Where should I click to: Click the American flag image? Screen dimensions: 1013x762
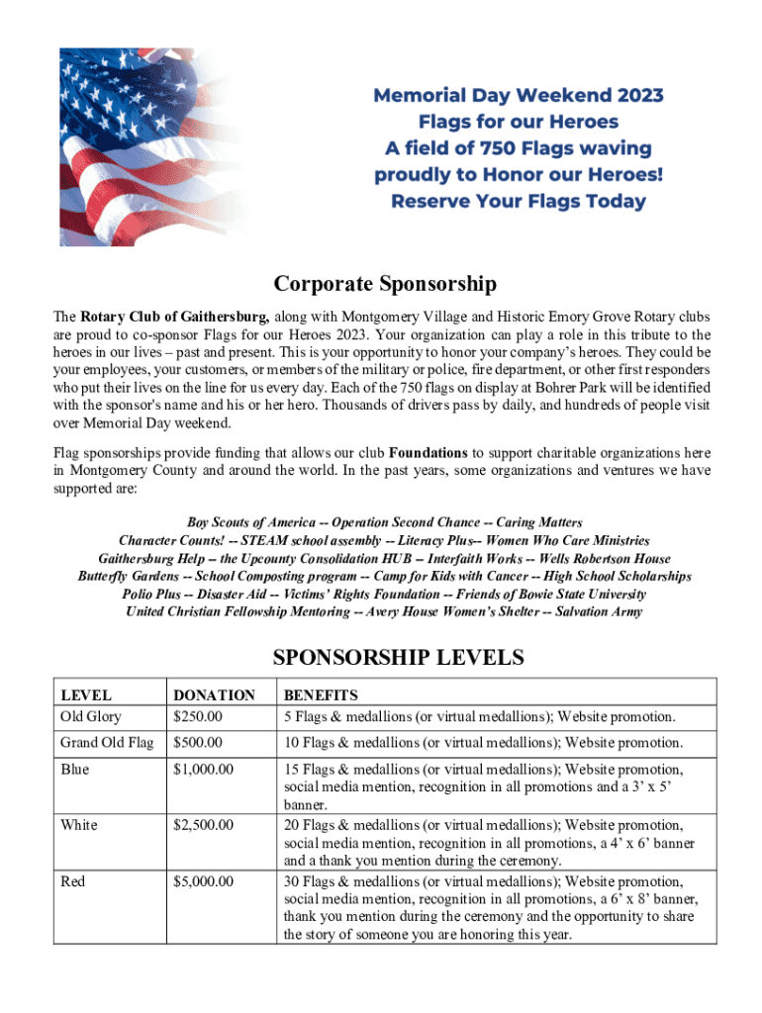pyautogui.click(x=158, y=148)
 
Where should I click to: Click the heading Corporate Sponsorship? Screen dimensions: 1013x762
pyautogui.click(x=385, y=285)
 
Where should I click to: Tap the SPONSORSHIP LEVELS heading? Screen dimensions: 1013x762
pyautogui.click(x=384, y=658)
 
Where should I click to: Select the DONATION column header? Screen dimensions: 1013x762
pyautogui.click(x=214, y=695)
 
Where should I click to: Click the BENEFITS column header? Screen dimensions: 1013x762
pyautogui.click(x=321, y=695)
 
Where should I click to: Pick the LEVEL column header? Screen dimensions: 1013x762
pyautogui.click(x=86, y=695)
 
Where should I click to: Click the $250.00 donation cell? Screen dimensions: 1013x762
pyautogui.click(x=198, y=716)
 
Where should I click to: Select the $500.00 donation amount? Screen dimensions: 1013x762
pyautogui.click(x=198, y=743)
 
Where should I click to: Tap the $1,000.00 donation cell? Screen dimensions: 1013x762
pyautogui.click(x=203, y=769)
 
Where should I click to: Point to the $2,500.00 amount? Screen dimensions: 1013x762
pyautogui.click(x=203, y=825)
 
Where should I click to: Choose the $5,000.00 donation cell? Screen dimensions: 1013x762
pyautogui.click(x=203, y=881)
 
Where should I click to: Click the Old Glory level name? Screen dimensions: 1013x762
pyautogui.click(x=91, y=716)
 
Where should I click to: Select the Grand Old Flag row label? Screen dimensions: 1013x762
pyautogui.click(x=107, y=743)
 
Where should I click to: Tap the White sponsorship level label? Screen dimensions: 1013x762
pyautogui.click(x=79, y=825)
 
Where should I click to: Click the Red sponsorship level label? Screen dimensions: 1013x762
pyautogui.click(x=73, y=881)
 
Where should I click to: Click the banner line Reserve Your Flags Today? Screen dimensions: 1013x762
pyautogui.click(x=519, y=202)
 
